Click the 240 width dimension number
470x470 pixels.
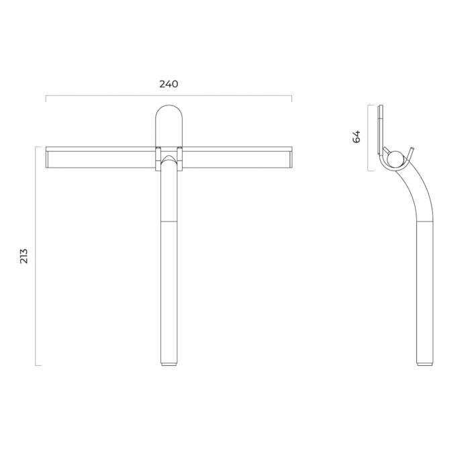coord(169,84)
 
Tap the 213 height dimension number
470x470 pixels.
coord(24,256)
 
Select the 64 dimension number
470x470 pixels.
coord(357,136)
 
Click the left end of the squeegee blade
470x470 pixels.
coord(48,158)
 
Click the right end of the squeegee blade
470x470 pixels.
coord(289,158)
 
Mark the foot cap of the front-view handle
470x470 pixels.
coord(169,365)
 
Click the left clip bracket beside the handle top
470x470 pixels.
coord(157,149)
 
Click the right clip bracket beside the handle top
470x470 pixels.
coord(180,149)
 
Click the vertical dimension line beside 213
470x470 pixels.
coord(36,256)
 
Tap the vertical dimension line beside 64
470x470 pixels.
coord(369,137)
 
